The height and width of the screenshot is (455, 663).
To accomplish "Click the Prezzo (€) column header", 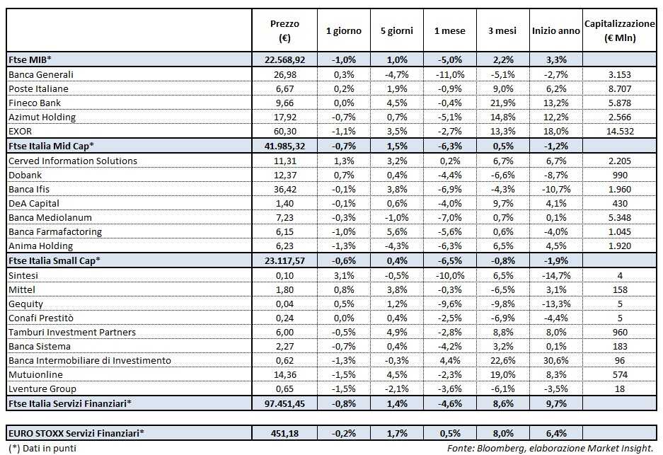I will click(x=284, y=30).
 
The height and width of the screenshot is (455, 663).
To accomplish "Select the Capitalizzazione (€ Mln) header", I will click(x=619, y=30).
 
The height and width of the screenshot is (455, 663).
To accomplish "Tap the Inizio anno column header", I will click(x=555, y=31).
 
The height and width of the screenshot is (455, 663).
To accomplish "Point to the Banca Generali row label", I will click(x=40, y=74).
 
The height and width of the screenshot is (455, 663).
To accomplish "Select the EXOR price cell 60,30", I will click(x=284, y=132).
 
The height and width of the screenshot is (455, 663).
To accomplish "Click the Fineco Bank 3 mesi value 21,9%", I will click(x=502, y=103).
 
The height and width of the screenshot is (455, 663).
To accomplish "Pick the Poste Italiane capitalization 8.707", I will click(x=619, y=88).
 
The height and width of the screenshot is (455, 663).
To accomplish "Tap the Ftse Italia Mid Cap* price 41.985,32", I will click(x=284, y=146).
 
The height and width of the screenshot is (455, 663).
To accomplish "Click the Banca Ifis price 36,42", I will click(x=284, y=189).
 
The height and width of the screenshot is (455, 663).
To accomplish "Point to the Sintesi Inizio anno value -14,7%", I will click(x=555, y=275).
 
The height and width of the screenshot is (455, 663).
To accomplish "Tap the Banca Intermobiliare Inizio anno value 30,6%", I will click(x=555, y=360).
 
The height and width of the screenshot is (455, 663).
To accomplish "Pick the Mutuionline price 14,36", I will click(x=284, y=374).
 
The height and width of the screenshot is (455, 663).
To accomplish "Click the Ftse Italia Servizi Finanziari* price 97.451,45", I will click(x=284, y=403).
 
